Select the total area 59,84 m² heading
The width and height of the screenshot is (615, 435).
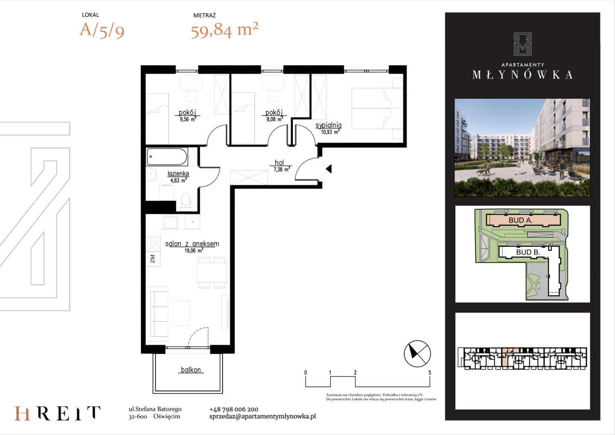pyautogui.click(x=225, y=30)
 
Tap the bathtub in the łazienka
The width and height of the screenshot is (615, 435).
pyautogui.click(x=167, y=157)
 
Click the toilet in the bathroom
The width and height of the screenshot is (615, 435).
pyautogui.click(x=186, y=200)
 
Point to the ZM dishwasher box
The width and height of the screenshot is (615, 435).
pyautogui.click(x=153, y=259)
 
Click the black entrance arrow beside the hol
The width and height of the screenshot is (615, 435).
pyautogui.click(x=329, y=169)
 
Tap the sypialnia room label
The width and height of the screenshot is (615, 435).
pyautogui.click(x=328, y=125)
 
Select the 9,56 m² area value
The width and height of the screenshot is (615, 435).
pyautogui.click(x=188, y=119)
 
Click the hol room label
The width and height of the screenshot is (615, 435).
pyautogui.click(x=279, y=163)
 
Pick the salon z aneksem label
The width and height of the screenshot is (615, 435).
pyautogui.click(x=192, y=244)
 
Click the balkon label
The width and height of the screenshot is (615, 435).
pyautogui.click(x=191, y=370)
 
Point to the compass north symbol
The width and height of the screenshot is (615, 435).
pyautogui.click(x=417, y=354)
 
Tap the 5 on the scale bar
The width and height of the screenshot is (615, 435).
pyautogui.click(x=430, y=373)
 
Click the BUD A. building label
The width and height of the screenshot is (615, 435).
pyautogui.click(x=520, y=220)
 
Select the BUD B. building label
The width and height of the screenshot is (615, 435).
pyautogui.click(x=528, y=252)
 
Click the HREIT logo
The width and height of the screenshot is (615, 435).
pyautogui.click(x=58, y=413)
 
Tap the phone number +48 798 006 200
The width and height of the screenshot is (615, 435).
pyautogui.click(x=234, y=410)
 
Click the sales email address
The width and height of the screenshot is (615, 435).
pyautogui.click(x=263, y=416)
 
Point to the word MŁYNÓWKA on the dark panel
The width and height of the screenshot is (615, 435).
pyautogui.click(x=522, y=75)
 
